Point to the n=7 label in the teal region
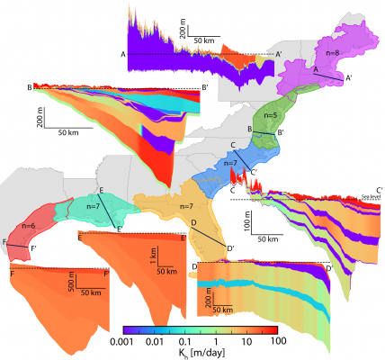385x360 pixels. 93,207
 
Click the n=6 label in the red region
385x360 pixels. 27,224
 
